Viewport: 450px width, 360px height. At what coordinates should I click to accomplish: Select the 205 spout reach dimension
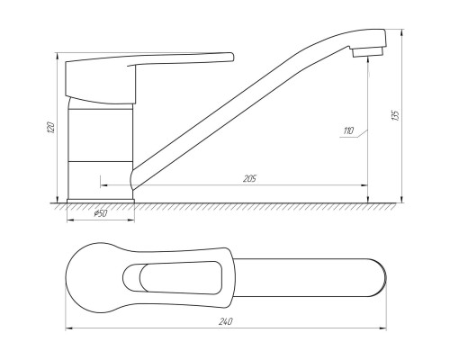click(249, 178)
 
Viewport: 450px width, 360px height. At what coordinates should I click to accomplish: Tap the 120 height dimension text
click(51, 129)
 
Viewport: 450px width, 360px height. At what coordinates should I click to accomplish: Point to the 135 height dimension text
click(396, 115)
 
